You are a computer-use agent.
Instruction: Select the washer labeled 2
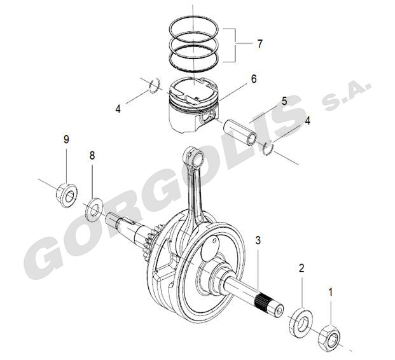301,322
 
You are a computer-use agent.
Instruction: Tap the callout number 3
258,240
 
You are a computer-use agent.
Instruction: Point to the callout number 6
254,79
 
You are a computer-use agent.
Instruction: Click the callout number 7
260,44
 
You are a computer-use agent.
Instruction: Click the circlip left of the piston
155,86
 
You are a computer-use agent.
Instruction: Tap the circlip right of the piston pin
268,149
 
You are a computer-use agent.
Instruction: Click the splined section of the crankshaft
263,303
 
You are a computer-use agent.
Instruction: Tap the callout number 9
66,139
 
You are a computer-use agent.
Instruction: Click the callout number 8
92,156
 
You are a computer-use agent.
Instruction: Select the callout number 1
331,293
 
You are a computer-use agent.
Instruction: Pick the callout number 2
301,268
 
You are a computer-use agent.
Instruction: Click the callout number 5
284,101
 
